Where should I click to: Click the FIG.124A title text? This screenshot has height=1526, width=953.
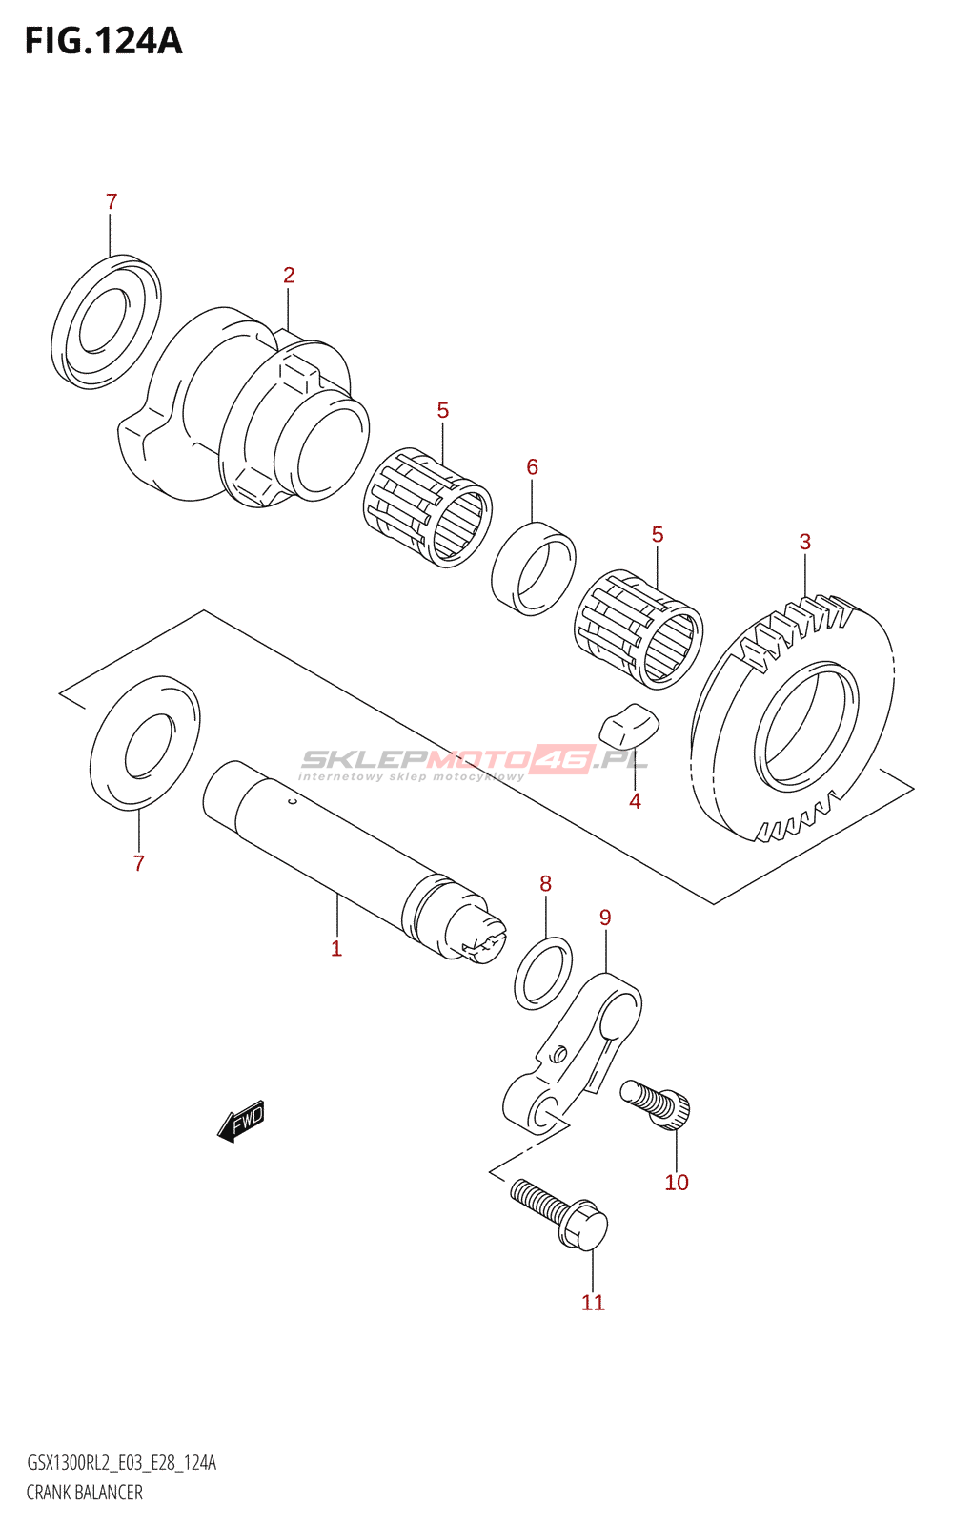coord(103,41)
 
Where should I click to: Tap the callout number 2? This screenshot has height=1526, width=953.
coord(289,276)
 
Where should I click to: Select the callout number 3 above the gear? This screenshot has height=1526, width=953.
coord(805,542)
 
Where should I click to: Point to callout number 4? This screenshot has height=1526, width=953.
coord(635,801)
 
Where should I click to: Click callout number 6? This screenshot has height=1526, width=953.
coord(532,466)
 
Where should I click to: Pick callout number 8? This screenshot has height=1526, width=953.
coord(545,883)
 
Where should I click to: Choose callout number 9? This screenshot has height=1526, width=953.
coord(605,918)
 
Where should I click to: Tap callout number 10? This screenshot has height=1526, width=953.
coord(677,1183)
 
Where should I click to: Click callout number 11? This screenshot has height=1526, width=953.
coord(593,1303)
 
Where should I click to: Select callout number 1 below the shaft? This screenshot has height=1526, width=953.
coord(336,948)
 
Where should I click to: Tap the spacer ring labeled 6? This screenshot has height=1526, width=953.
coord(534,568)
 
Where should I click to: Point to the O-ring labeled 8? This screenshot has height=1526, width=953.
coord(543,973)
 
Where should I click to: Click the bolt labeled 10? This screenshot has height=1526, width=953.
coord(657,1104)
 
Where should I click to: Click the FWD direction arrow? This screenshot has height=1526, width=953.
coord(241,1121)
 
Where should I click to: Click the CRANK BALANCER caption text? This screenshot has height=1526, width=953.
coord(85,1493)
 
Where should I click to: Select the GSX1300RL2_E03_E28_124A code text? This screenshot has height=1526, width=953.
coord(121,1463)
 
